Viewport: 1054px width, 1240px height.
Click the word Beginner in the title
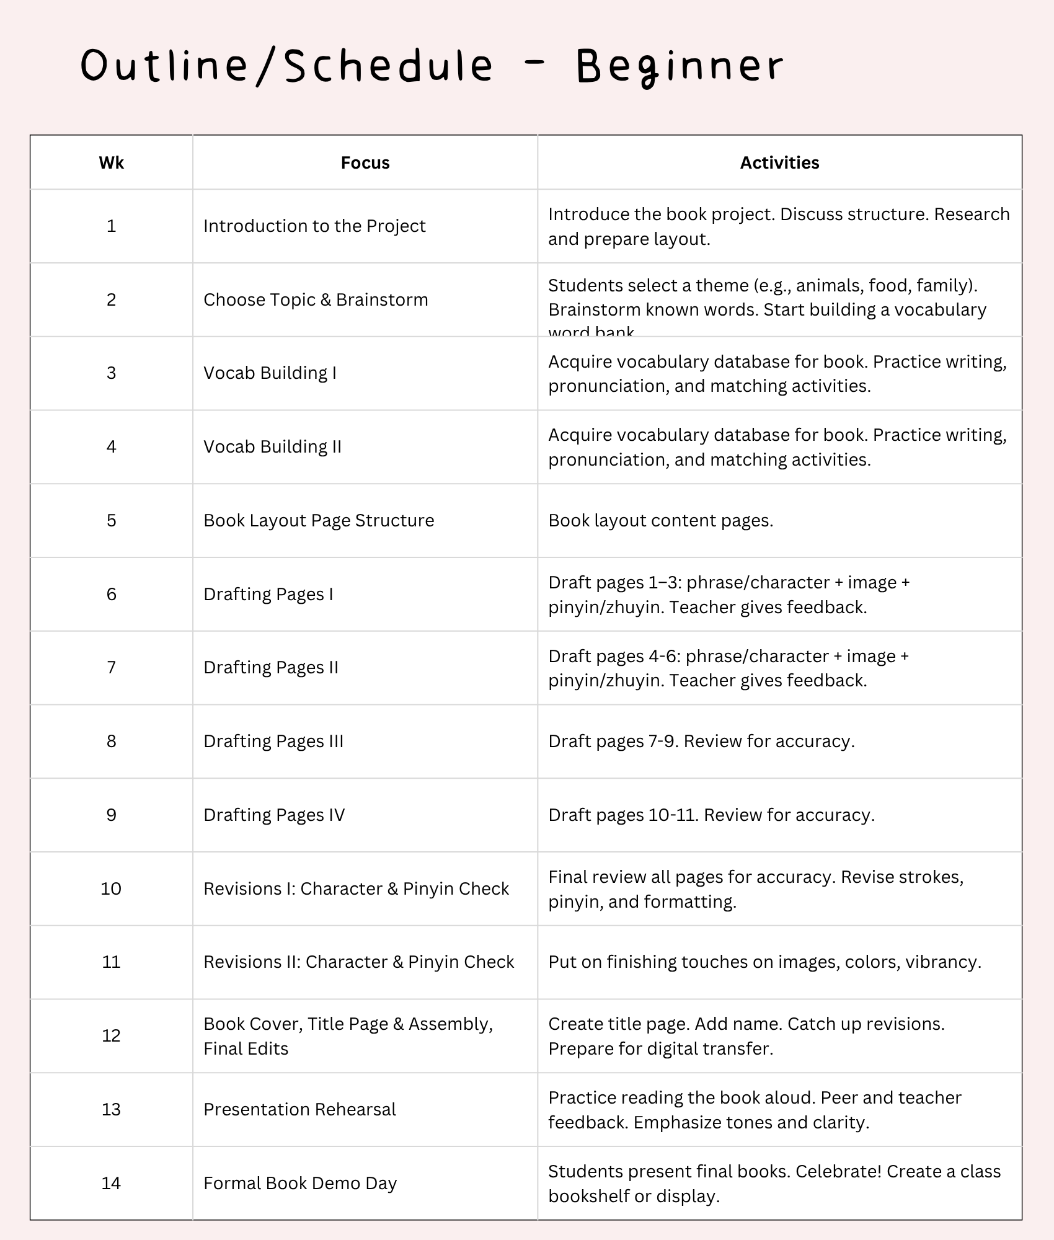point(680,66)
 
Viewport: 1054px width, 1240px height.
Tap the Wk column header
point(112,163)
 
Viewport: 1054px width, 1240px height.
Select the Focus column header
point(365,163)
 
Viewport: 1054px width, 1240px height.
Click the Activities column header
point(779,163)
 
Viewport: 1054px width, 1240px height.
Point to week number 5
point(112,520)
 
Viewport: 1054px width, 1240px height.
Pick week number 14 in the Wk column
point(112,1183)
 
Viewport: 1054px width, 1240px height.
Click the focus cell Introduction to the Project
point(314,226)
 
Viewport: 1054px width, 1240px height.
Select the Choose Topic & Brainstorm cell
point(316,299)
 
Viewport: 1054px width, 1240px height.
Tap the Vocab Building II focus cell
point(272,446)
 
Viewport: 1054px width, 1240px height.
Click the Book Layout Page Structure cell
point(319,520)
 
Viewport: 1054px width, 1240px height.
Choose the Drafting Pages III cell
point(273,741)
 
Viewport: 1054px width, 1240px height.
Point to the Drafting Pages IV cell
point(274,815)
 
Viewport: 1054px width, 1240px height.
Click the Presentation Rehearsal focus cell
point(299,1109)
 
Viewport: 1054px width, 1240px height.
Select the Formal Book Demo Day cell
point(300,1183)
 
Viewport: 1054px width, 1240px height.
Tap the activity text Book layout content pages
point(661,520)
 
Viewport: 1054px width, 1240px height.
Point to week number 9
point(112,815)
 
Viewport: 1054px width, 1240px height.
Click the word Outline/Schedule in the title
point(287,66)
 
